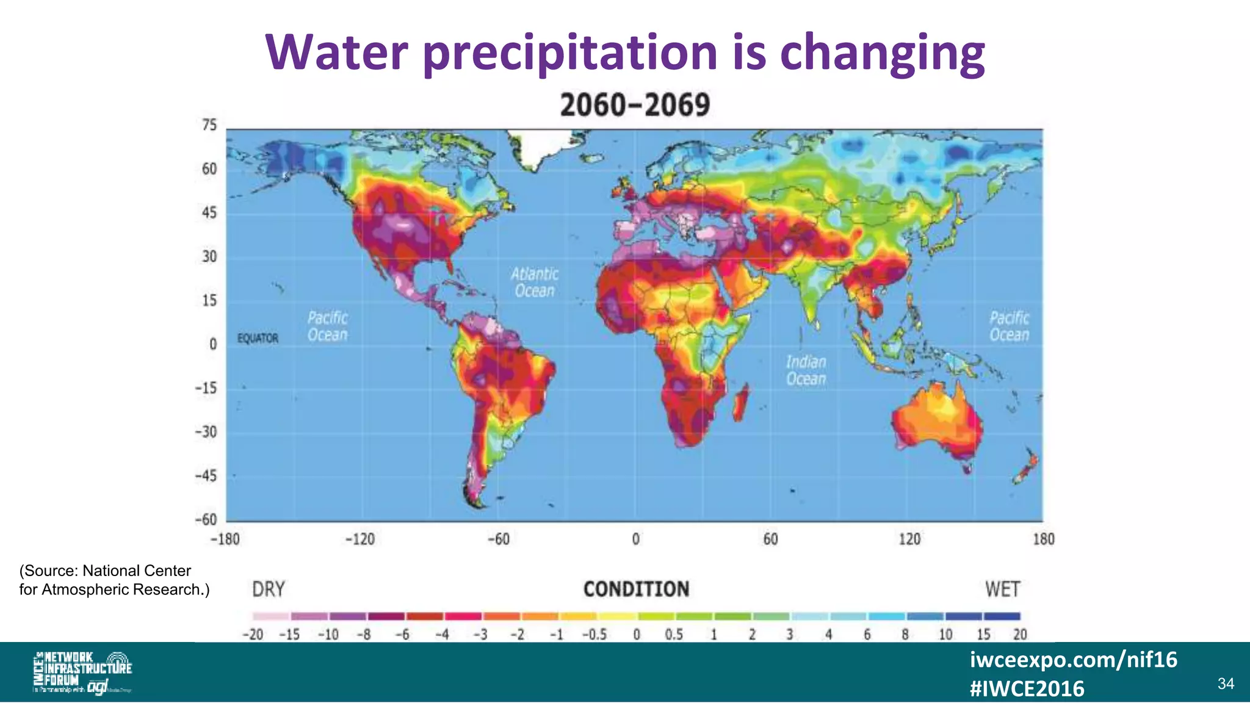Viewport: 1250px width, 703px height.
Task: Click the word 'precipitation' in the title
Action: pos(569,54)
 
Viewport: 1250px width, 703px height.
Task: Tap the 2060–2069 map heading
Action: pos(635,105)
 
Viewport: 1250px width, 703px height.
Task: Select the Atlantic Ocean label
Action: pos(535,282)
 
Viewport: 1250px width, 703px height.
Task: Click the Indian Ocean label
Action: pos(806,370)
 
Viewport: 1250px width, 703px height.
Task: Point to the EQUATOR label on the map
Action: pos(258,338)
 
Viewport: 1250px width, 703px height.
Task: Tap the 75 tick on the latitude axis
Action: pos(209,125)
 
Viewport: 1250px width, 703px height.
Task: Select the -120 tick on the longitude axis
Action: pos(360,539)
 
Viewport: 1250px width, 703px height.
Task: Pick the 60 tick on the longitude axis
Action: pos(770,539)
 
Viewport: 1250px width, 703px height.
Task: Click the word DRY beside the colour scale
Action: pos(269,589)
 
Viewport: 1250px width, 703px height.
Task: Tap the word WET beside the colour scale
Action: pos(1002,589)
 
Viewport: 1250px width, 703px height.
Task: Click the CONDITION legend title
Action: pos(636,589)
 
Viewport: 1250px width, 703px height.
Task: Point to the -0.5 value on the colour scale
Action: pos(594,635)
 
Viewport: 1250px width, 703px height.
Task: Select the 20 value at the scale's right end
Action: pos(1020,635)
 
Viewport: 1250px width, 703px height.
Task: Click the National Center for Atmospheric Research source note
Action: pos(114,580)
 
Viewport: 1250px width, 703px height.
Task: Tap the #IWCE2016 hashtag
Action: pos(1027,689)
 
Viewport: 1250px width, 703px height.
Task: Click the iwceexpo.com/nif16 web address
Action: pos(1074,660)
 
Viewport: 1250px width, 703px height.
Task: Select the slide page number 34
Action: pos(1226,683)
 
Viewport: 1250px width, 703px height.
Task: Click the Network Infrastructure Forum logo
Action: pos(82,672)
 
